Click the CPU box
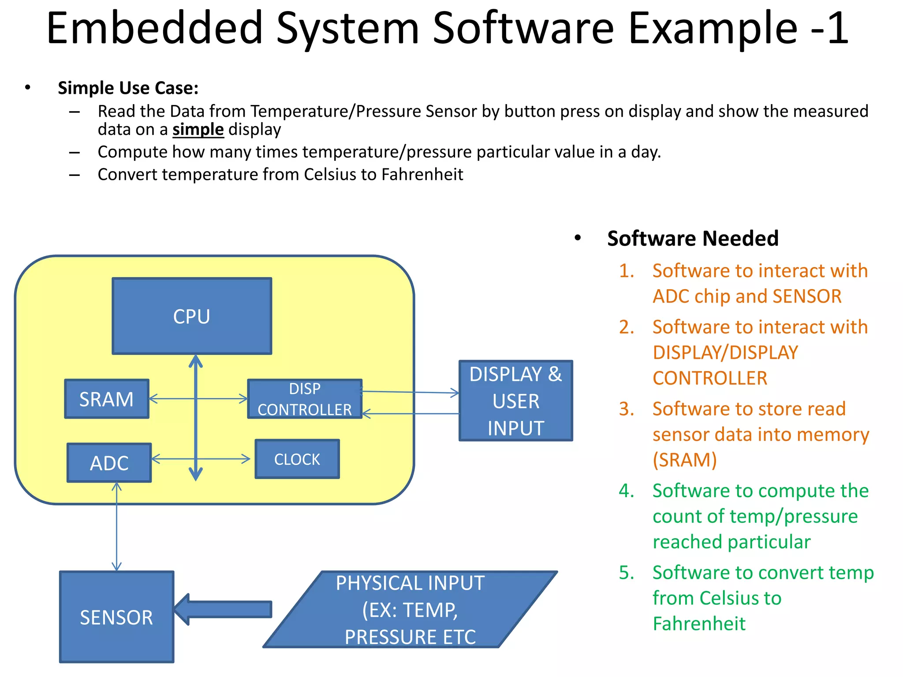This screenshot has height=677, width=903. [192, 316]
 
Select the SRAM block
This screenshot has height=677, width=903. [107, 399]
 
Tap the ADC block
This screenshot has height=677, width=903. [109, 463]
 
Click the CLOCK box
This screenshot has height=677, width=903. [297, 459]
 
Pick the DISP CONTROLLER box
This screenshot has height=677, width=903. [305, 399]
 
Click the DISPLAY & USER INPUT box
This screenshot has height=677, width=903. [515, 401]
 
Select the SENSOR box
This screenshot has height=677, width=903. [117, 617]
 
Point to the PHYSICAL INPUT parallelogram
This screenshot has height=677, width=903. [410, 610]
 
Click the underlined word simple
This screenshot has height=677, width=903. [198, 130]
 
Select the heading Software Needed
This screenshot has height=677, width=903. [693, 238]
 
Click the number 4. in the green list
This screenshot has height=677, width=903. [627, 491]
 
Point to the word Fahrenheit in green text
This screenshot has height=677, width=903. [699, 624]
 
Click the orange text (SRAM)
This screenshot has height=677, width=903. [685, 460]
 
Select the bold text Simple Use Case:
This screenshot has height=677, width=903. [128, 88]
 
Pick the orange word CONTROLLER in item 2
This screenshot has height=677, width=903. [710, 378]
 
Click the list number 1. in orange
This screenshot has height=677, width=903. [627, 271]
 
